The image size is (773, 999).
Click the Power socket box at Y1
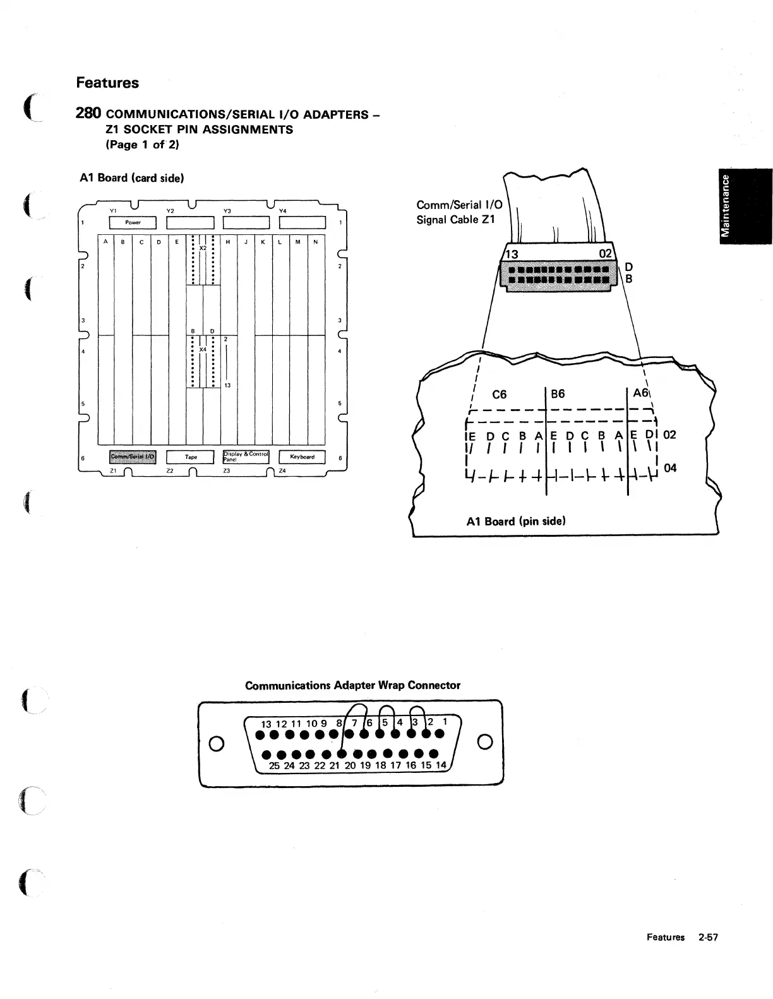133,222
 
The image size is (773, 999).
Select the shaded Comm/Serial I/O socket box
133,457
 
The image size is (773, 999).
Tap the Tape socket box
190,457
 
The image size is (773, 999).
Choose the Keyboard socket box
302,457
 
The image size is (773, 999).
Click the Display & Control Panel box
246,457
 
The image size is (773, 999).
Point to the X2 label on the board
203,248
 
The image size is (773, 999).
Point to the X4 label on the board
203,349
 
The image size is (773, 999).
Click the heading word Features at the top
107,83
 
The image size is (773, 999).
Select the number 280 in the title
88,114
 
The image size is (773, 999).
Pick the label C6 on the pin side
499,395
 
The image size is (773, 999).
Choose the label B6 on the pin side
558,394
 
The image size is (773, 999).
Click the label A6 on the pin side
640,393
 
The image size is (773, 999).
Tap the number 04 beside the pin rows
670,468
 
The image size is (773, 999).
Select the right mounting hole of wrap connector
485,741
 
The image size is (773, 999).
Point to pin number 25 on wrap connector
275,765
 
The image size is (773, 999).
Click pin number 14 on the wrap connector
441,765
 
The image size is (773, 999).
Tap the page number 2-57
708,937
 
